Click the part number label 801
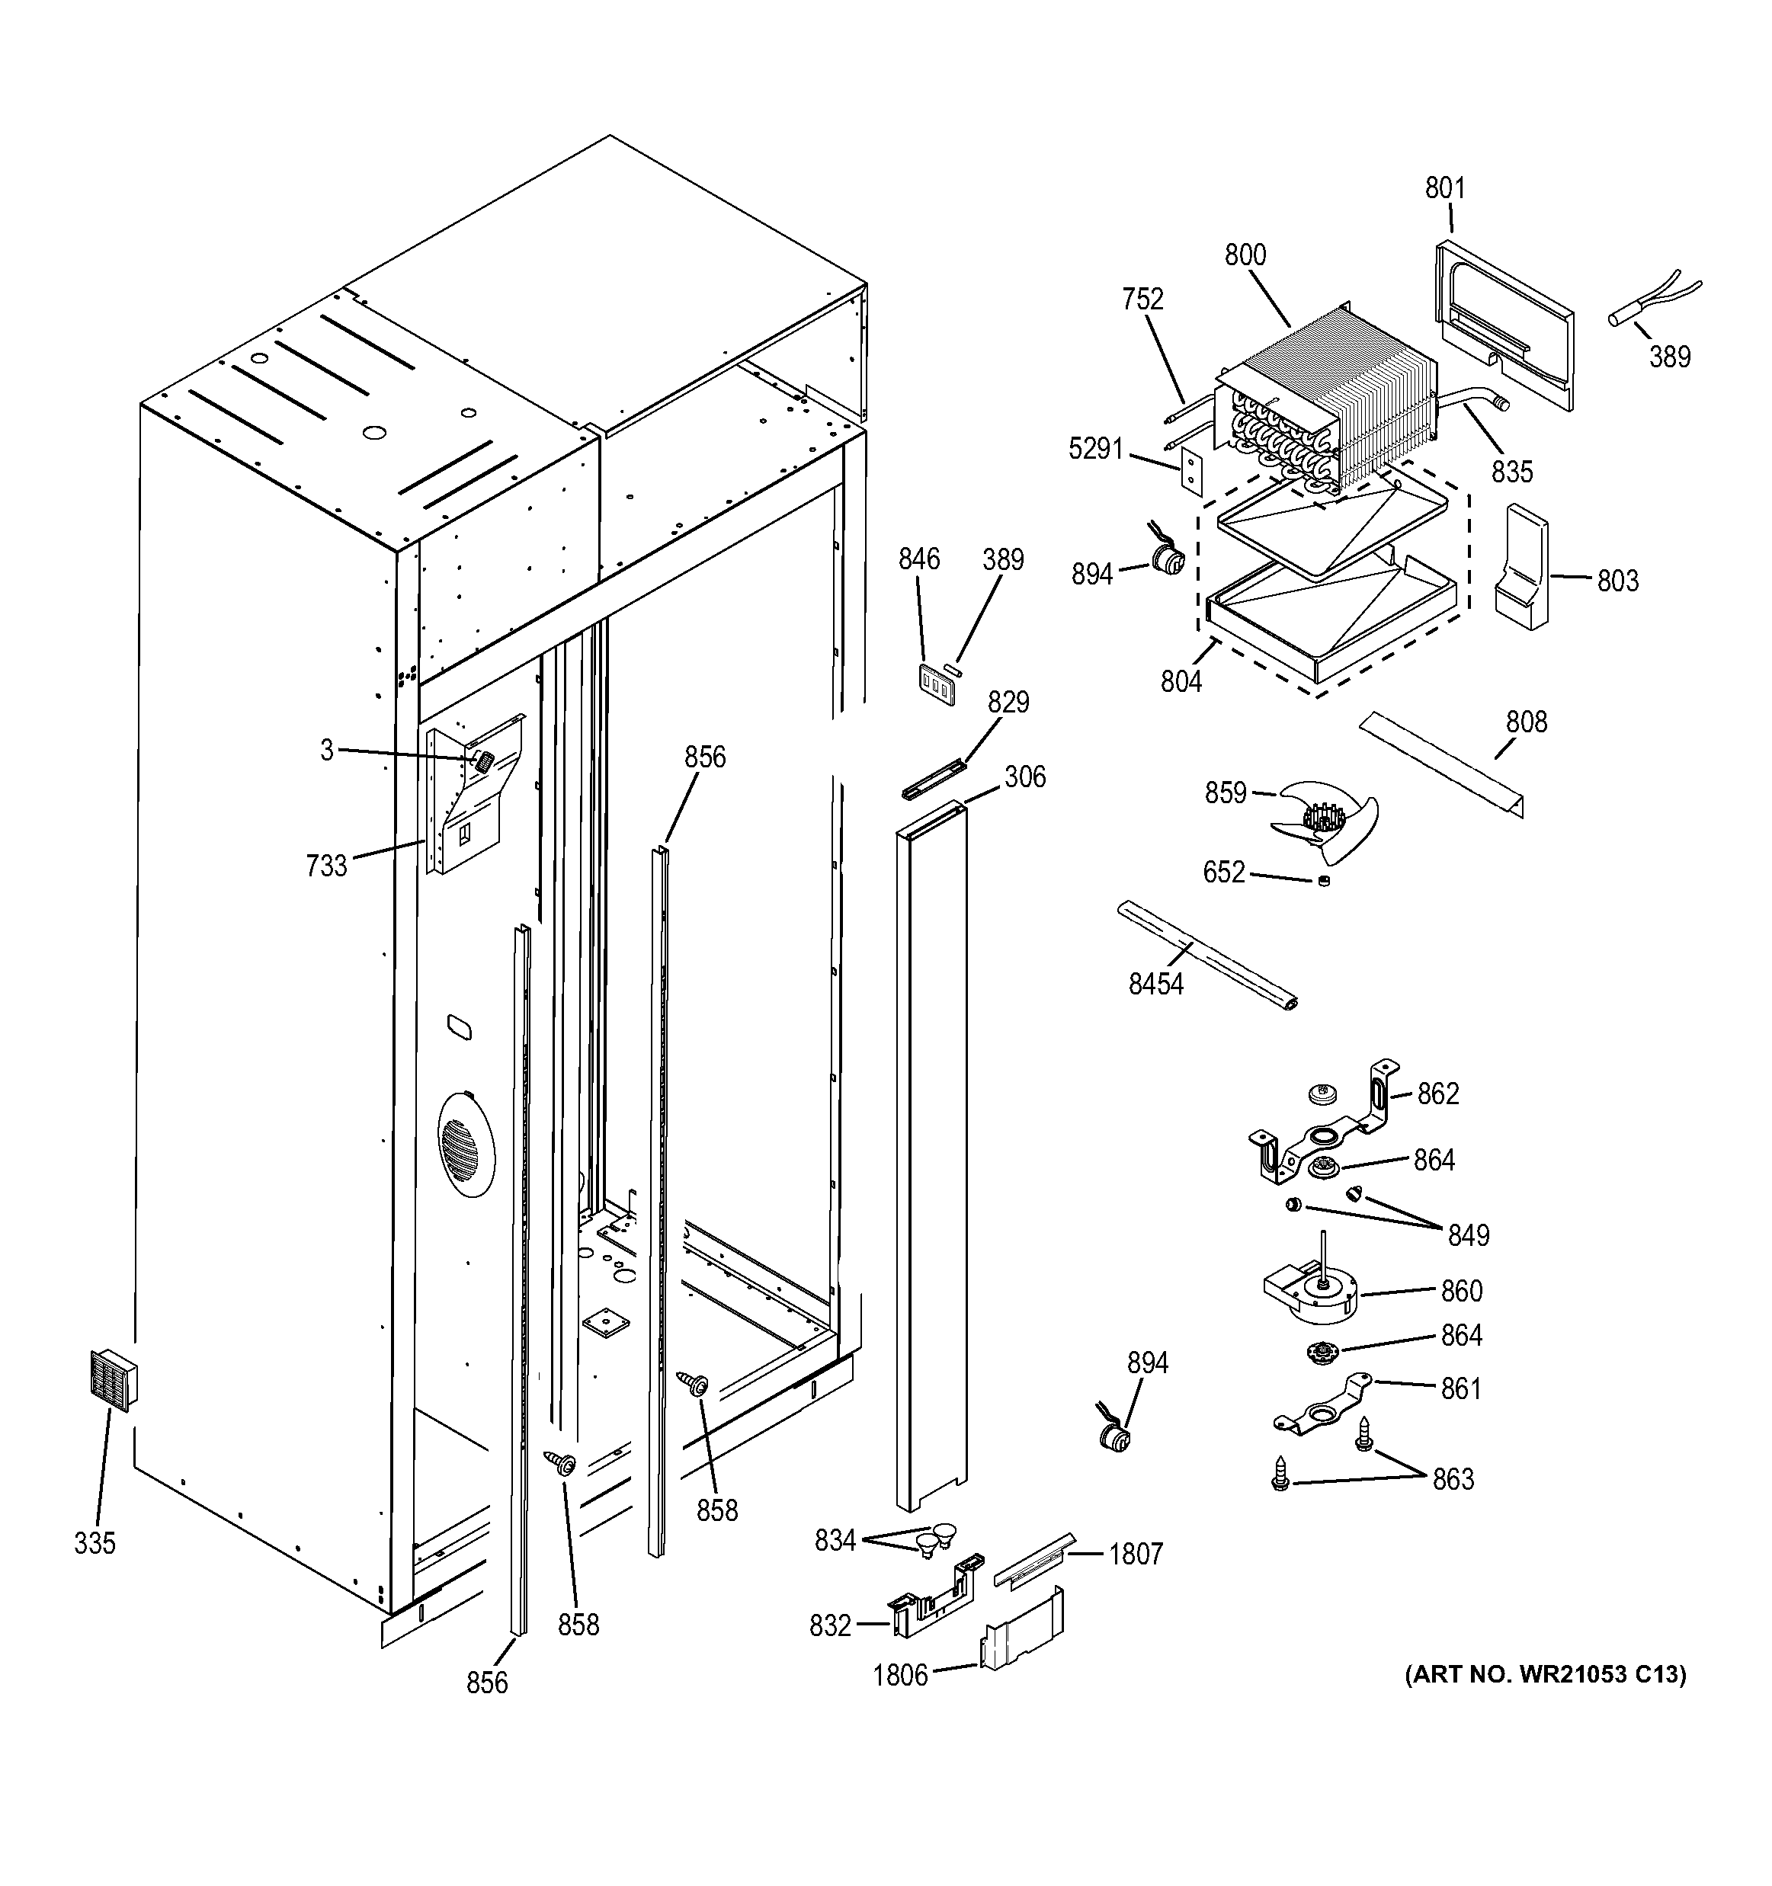point(1445,189)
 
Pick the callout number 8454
point(1155,984)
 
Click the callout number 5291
point(1096,449)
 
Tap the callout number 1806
point(899,1676)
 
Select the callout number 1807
point(1136,1554)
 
